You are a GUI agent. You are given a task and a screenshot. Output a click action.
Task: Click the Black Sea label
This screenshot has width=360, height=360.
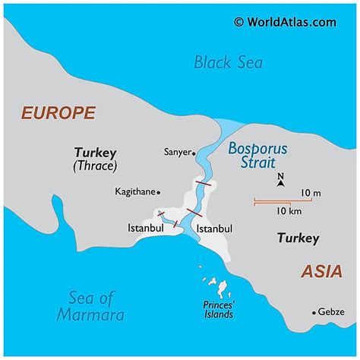point(228,62)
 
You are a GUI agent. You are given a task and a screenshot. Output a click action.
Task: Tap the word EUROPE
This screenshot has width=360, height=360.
point(58,113)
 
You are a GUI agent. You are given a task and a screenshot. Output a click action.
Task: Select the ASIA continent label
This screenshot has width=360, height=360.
point(322,271)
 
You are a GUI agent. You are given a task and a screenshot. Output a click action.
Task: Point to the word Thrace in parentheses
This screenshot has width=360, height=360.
point(94,165)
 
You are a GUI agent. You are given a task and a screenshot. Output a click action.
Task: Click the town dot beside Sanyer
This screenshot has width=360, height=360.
point(194,152)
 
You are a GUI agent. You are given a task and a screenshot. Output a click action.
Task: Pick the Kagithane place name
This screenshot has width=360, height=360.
point(135,191)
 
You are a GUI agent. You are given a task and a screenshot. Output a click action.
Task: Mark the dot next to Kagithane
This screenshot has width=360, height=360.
point(159,192)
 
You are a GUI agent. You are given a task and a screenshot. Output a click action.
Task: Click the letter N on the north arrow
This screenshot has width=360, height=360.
point(280,178)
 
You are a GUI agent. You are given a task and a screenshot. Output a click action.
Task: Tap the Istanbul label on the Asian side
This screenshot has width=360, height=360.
point(214,228)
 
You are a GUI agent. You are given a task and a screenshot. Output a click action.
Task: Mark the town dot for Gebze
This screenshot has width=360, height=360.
point(314,311)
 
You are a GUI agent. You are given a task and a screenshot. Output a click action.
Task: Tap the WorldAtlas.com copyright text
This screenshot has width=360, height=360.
point(284,22)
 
